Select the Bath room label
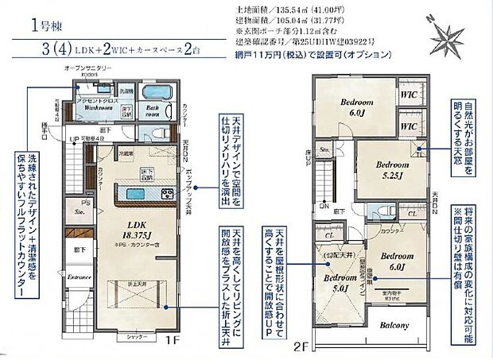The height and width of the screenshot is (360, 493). tap(154, 113)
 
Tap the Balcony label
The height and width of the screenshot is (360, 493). tap(394, 326)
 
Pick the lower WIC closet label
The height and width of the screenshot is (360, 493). tap(410, 126)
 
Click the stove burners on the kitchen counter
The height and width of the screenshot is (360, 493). tap(168, 195)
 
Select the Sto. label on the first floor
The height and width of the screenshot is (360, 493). tap(80, 212)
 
